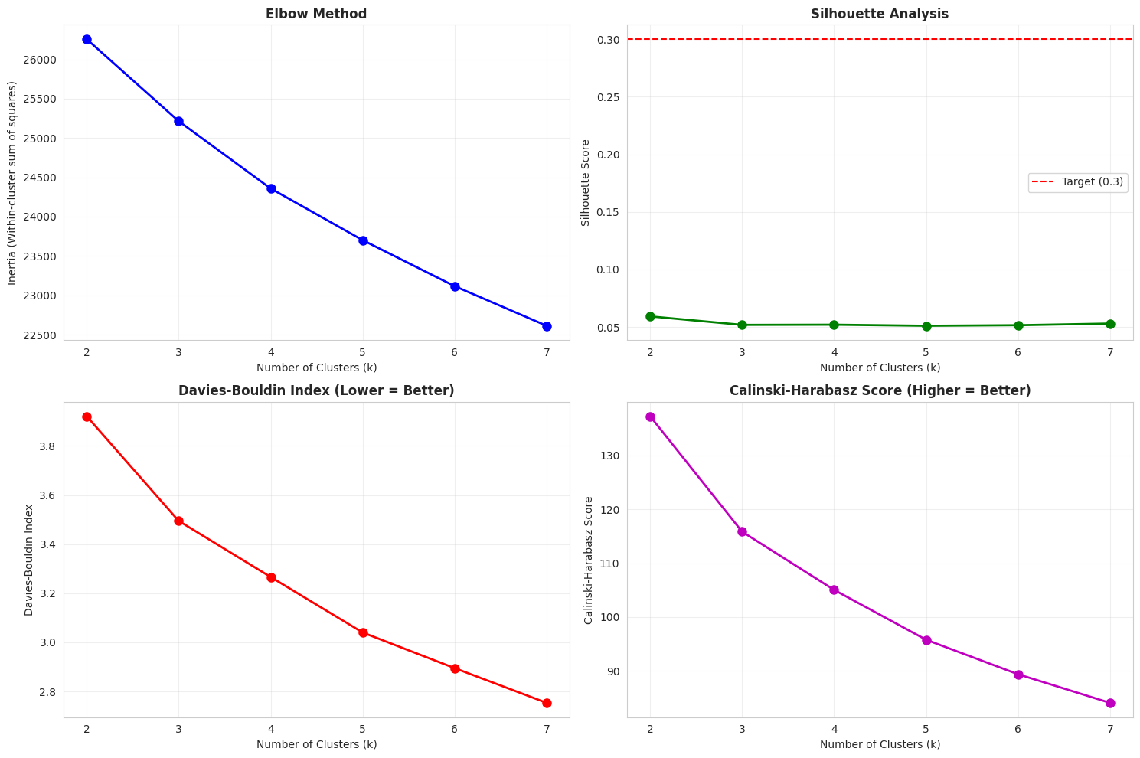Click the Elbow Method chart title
316,14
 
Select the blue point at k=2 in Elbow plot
87,39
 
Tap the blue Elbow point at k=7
547,326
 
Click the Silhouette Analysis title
880,14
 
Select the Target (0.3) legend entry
1078,182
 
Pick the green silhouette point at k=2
650,316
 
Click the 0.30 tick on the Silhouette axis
608,39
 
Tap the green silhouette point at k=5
926,326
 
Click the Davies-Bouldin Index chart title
316,390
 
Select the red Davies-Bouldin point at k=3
178,521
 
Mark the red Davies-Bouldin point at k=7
547,703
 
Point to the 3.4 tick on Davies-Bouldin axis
48,544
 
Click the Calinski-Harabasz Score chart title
880,390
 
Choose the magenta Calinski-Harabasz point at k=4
834,590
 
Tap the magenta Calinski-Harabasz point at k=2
650,417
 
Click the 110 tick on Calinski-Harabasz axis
611,564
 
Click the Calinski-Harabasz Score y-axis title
588,560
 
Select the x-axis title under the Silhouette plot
880,368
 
